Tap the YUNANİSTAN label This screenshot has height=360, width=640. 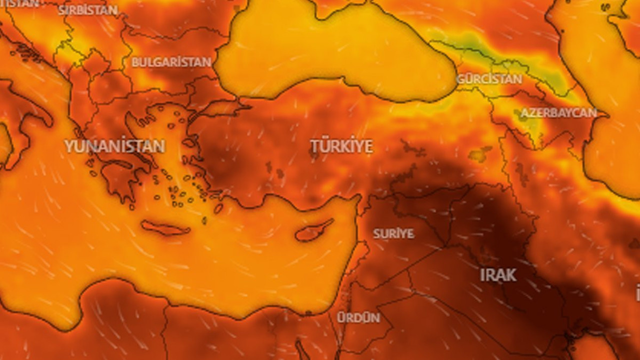[x=114, y=146]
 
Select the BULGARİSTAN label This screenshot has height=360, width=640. [x=171, y=62]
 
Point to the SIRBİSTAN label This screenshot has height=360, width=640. [x=88, y=10]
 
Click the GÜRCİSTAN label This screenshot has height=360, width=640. [x=489, y=79]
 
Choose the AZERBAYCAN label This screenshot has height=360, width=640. [x=558, y=113]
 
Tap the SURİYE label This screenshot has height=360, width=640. [x=393, y=233]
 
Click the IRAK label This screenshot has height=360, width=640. [x=498, y=275]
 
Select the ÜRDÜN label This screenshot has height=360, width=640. [x=358, y=317]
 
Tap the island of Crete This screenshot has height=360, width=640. [x=165, y=229]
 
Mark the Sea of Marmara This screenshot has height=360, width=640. [x=220, y=107]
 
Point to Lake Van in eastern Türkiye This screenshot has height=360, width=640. [x=480, y=154]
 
